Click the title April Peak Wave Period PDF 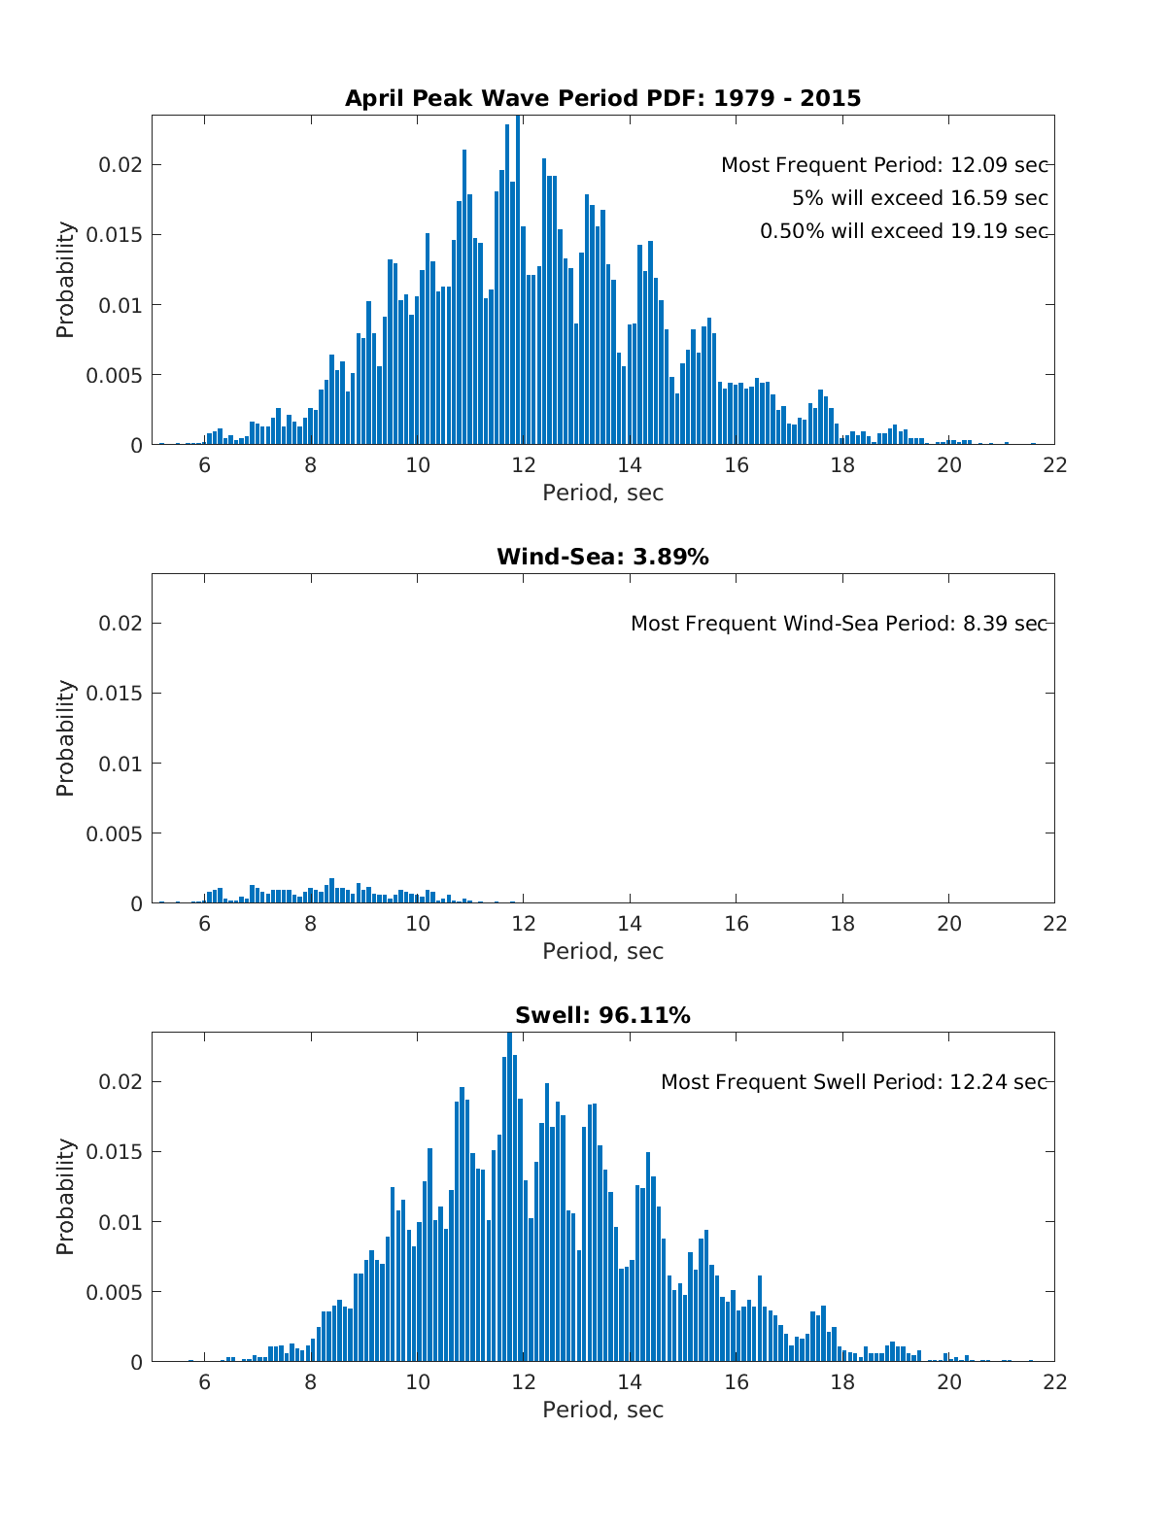pyautogui.click(x=602, y=98)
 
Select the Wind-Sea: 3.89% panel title pyautogui.click(x=602, y=557)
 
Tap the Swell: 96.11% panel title pyautogui.click(x=602, y=1015)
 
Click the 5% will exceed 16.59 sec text pyautogui.click(x=919, y=198)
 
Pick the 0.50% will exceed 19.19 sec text pyautogui.click(x=904, y=231)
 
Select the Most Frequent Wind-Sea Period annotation pyautogui.click(x=839, y=624)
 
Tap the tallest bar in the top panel pyautogui.click(x=518, y=282)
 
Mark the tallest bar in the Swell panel pyautogui.click(x=509, y=1200)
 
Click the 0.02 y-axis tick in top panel pyautogui.click(x=120, y=165)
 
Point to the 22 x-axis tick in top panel pyautogui.click(x=1054, y=464)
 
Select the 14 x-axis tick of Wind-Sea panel pyautogui.click(x=630, y=923)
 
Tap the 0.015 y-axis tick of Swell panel pyautogui.click(x=115, y=1152)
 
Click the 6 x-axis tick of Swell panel pyautogui.click(x=204, y=1381)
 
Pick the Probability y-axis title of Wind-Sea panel pyautogui.click(x=65, y=738)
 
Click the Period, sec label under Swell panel pyautogui.click(x=602, y=1410)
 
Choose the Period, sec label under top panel pyautogui.click(x=602, y=493)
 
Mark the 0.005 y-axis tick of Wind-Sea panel pyautogui.click(x=115, y=833)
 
